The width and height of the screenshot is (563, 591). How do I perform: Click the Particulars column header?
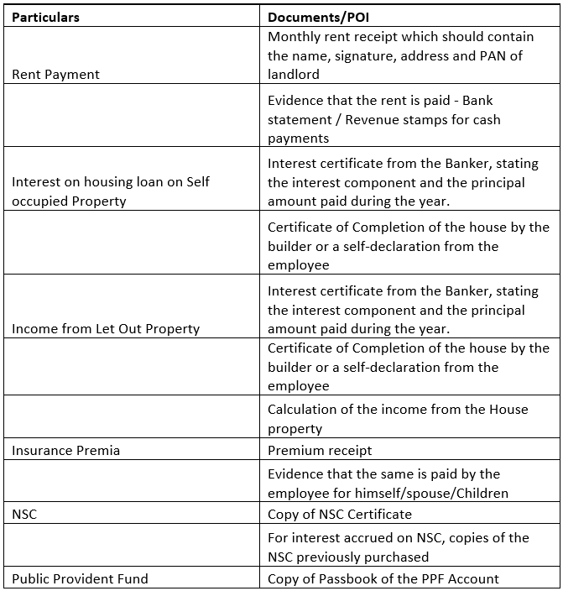[x=46, y=17]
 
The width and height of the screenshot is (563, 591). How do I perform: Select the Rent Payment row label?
[x=55, y=75]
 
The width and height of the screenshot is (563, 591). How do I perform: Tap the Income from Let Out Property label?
[x=106, y=329]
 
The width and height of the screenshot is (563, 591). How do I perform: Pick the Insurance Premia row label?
[x=65, y=451]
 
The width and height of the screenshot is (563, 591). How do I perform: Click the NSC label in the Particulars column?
[x=25, y=514]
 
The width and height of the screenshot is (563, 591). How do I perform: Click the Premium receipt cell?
[x=320, y=451]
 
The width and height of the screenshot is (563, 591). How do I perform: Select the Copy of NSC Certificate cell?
[x=340, y=514]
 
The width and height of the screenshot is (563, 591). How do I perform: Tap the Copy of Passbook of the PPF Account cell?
[x=383, y=578]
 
